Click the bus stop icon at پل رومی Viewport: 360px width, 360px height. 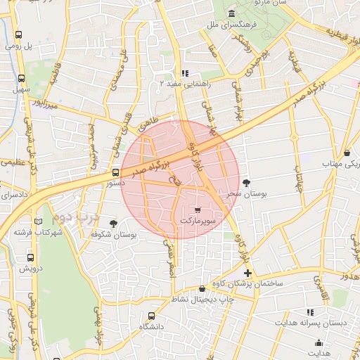(18, 34)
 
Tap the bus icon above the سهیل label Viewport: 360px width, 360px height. (21, 79)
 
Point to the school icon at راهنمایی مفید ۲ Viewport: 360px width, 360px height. (184, 72)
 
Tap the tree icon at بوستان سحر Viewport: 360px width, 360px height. (246, 183)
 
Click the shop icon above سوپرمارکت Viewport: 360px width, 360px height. (197, 210)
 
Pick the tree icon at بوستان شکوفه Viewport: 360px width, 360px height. (104, 223)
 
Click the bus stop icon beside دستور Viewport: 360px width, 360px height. (115, 172)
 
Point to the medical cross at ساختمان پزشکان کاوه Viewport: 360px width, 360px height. (247, 272)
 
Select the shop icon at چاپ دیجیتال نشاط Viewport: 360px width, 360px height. (202, 288)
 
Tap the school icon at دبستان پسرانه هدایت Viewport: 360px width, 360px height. (310, 312)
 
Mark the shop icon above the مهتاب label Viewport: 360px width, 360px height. (349, 153)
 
